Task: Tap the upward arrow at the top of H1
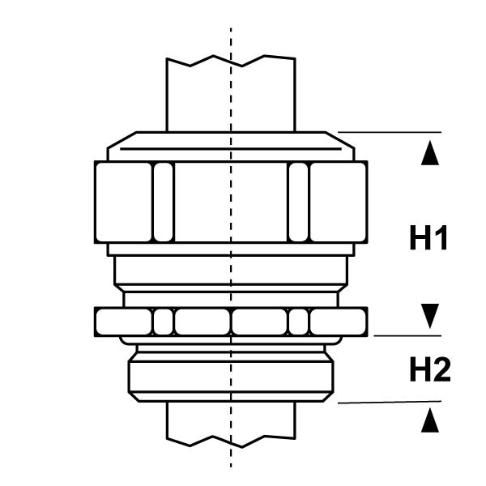pos(430,153)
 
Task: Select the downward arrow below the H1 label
pos(430,314)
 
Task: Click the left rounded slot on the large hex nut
pos(163,202)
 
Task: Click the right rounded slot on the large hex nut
pos(299,202)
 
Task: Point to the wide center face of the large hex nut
pos(231,202)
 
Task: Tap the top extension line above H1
pos(389,132)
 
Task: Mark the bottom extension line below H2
pos(389,402)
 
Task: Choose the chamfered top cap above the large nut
pos(231,146)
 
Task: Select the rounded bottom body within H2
pos(231,375)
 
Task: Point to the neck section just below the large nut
pos(231,267)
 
